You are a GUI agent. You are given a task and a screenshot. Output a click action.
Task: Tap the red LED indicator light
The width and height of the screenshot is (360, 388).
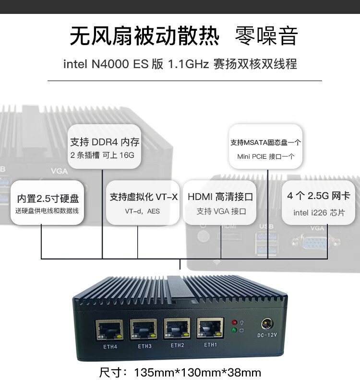pos(234,322)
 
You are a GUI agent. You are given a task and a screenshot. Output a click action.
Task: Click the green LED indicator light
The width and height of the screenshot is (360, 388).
pos(234,330)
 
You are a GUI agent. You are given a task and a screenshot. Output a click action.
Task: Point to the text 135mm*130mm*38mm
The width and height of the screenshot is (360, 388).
pos(197,373)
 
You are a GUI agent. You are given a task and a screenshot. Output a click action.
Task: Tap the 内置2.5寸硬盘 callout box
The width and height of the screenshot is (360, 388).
pos(48,202)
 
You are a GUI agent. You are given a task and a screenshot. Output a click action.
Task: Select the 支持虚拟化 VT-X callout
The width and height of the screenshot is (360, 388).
pos(144,201)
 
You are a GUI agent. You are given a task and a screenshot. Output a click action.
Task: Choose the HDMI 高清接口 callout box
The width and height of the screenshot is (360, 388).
pos(220,201)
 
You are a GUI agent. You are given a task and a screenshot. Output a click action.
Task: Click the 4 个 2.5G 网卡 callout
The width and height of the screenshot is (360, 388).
pos(319,201)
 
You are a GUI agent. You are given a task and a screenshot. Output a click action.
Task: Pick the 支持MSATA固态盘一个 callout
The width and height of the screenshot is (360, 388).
pos(265,147)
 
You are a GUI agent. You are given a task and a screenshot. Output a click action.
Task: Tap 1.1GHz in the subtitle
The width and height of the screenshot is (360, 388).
pos(188,64)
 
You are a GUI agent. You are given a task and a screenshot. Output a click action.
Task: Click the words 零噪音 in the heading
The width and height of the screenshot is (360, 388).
pos(266,36)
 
